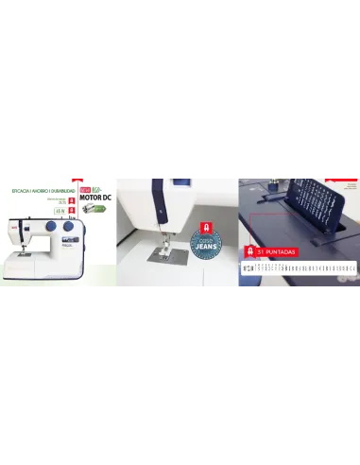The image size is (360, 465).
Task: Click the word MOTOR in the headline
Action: pos(88,198)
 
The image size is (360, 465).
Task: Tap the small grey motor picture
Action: pos(88,210)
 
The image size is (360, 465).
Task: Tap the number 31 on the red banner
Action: pos(261,252)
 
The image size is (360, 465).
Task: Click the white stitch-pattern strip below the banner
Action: pos(299,268)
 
